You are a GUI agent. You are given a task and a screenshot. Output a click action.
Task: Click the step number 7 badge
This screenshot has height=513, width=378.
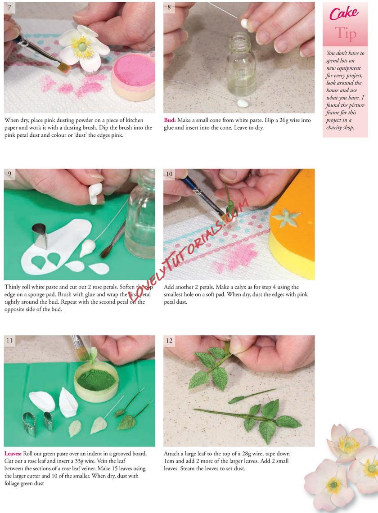[x=9, y=8]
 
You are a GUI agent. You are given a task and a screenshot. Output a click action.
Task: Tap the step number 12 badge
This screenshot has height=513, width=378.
[x=169, y=341]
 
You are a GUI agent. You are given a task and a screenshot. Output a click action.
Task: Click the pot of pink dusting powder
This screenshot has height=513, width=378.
[x=134, y=76]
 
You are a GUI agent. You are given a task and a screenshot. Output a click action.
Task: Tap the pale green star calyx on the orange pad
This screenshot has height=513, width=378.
[x=287, y=219]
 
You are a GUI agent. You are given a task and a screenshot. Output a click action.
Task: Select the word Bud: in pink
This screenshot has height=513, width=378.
[x=170, y=120]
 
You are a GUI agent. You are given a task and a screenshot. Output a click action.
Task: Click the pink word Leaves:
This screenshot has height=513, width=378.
[x=13, y=454]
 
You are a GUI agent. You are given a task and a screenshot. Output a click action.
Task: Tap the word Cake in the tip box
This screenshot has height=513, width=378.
[x=344, y=14]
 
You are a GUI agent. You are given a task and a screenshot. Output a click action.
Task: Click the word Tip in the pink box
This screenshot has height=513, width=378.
[x=345, y=34]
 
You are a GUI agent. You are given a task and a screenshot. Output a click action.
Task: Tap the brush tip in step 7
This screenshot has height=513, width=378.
[x=63, y=67]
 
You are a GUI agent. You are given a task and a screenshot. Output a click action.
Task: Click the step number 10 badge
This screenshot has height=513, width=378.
[x=169, y=174]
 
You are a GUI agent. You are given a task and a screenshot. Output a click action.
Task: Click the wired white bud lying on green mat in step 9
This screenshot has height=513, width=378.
[x=88, y=247]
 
